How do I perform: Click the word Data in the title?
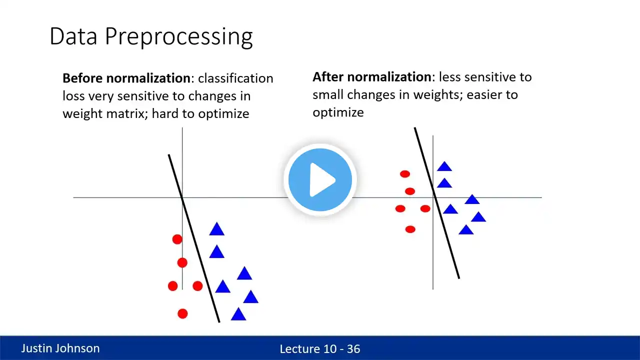(73, 36)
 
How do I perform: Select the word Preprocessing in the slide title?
(179, 37)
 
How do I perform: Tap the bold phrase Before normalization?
(126, 78)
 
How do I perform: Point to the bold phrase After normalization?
(372, 77)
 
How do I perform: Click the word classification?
(235, 78)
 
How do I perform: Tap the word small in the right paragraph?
(328, 94)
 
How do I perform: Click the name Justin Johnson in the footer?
(60, 348)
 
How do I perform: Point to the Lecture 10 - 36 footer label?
(319, 349)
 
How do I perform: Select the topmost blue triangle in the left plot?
(217, 229)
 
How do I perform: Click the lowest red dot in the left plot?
(182, 313)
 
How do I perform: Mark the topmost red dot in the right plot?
(405, 174)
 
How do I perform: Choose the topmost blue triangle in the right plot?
(444, 166)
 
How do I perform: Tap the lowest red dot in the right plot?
(410, 229)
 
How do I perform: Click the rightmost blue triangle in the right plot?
(478, 217)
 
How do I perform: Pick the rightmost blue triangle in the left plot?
(251, 297)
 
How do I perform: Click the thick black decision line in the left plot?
(194, 238)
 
